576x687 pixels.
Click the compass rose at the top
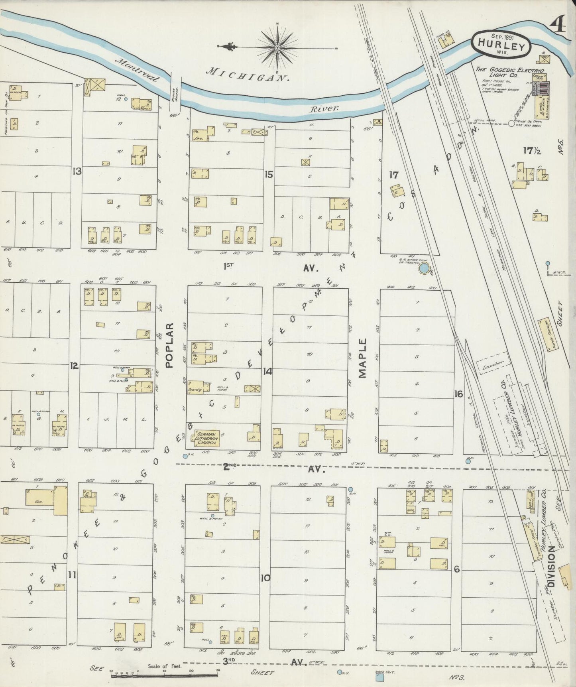tap(277, 47)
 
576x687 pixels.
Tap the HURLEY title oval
tap(501, 44)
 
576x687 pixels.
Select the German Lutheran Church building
tap(206, 438)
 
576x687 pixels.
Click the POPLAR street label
tap(170, 345)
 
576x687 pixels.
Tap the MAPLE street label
tap(362, 358)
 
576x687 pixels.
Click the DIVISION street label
tap(551, 566)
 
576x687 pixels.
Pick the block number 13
tap(77, 171)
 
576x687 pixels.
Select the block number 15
tap(269, 174)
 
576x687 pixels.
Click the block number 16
tap(458, 394)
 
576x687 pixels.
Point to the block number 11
tap(72, 575)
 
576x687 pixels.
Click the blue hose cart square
tap(380, 677)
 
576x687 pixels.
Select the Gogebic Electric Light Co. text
tap(509, 72)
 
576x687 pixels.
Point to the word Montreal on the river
tap(137, 70)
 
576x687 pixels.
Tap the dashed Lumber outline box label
tap(493, 363)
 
